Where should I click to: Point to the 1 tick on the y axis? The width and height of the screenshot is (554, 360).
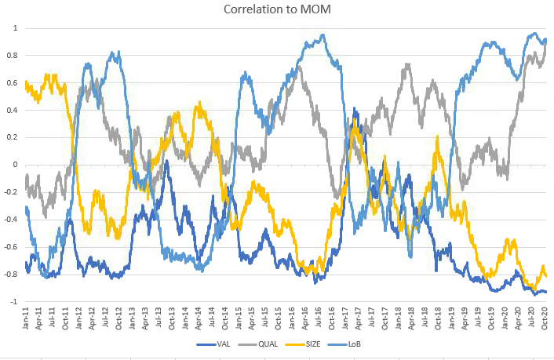[x=15, y=28]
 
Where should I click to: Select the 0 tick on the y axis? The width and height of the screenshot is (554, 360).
[x=15, y=165]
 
